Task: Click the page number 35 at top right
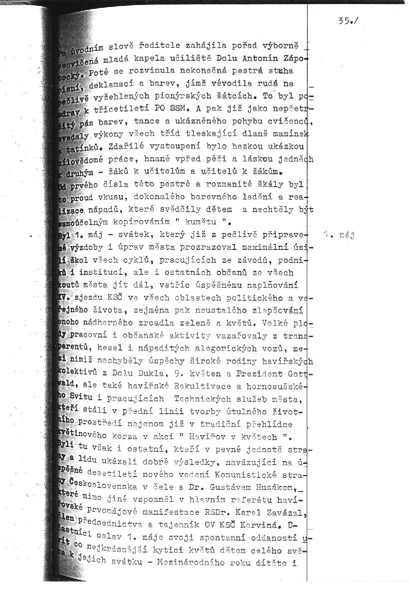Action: pyautogui.click(x=344, y=21)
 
